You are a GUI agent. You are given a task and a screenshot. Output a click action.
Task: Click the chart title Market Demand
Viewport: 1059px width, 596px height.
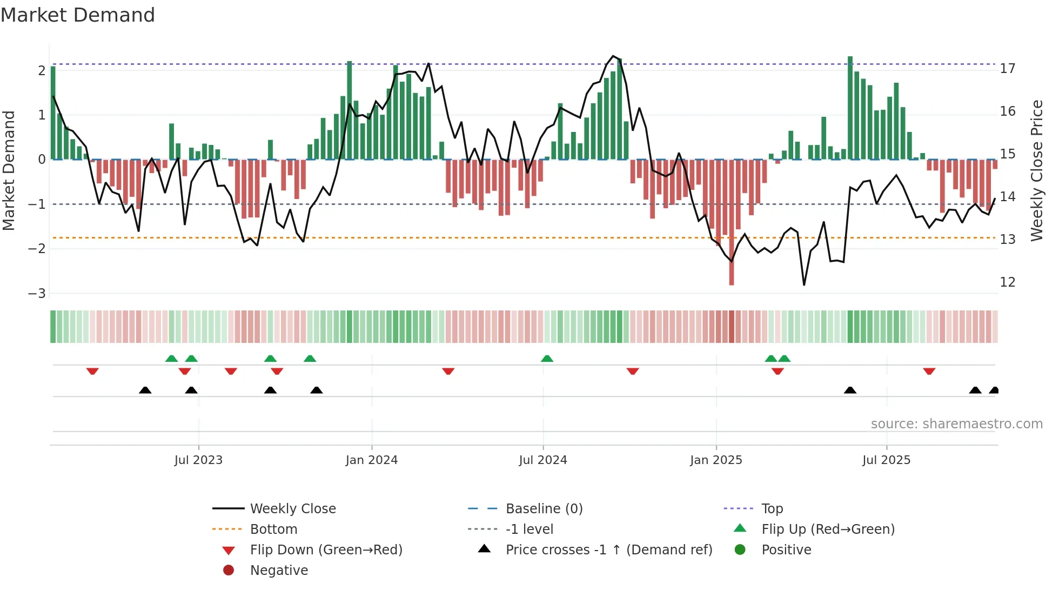[x=78, y=15]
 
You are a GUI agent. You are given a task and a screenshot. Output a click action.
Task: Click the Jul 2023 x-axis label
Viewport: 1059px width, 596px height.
[x=198, y=460]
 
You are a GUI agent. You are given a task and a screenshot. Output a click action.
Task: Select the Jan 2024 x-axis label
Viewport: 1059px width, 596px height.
[x=372, y=460]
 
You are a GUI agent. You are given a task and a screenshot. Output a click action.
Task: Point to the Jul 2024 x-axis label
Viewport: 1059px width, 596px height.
[x=543, y=460]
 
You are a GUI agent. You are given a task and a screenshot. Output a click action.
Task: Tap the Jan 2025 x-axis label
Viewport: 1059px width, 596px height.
[x=716, y=460]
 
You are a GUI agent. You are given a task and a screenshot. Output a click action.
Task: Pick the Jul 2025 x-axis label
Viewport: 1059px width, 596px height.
[x=886, y=460]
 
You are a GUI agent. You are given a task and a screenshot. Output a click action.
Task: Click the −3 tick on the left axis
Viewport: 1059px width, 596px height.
[x=37, y=294]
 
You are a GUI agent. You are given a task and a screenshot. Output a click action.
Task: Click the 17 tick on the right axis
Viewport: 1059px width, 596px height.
[x=1008, y=69]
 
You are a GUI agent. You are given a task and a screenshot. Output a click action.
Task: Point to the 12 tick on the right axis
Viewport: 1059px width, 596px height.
[x=1008, y=282]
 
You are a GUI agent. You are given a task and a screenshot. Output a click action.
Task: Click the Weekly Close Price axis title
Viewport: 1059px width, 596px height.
[x=1036, y=170]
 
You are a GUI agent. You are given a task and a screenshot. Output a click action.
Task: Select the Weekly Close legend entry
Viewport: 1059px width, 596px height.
[x=292, y=509]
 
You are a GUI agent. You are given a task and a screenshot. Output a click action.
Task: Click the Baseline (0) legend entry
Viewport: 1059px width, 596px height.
[x=544, y=509]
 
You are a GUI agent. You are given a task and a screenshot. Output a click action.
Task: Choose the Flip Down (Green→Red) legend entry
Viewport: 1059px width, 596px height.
[x=326, y=550]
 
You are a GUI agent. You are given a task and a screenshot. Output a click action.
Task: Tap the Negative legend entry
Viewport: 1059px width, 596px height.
[x=279, y=571]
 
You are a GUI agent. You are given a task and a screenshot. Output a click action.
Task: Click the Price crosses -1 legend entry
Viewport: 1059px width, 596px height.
[x=608, y=550]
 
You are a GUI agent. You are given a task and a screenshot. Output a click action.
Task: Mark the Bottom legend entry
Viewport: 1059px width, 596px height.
[x=273, y=529]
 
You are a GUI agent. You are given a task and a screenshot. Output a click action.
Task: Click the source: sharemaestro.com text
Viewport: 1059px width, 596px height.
[x=956, y=424]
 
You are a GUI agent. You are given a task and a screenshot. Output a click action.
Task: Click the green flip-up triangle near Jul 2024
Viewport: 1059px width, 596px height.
[x=547, y=359]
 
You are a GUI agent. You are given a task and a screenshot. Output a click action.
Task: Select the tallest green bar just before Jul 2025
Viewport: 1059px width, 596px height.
[x=850, y=108]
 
